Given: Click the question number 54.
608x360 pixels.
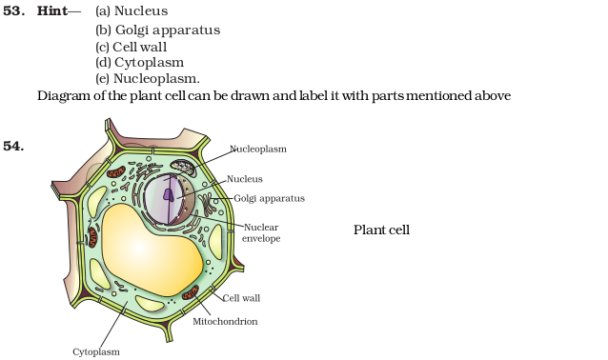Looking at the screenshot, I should point(13,146).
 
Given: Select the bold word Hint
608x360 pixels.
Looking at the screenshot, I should point(52,10).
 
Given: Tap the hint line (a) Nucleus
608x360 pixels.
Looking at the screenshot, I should point(132,11).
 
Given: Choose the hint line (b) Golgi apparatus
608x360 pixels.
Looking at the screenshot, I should point(158,30).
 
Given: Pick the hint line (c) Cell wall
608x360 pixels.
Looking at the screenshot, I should point(138,46).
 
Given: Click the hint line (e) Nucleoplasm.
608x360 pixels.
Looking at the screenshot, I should point(148,78).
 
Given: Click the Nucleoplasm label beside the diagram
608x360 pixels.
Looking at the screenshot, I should point(257,149).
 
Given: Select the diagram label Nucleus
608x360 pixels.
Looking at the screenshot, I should point(244,178).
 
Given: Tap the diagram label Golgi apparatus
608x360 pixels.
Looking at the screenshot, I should point(269,198).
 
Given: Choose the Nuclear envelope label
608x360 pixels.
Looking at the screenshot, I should point(262,232).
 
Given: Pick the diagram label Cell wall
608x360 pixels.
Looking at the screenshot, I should point(241,297).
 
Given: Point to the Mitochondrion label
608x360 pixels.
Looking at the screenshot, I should point(225,321).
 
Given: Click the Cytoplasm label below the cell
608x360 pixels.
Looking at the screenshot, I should point(96,351).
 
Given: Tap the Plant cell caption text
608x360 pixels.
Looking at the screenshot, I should point(381,230).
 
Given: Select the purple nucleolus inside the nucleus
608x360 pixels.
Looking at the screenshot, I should point(169,193).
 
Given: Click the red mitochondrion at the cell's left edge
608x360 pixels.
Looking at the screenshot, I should point(92,236).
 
